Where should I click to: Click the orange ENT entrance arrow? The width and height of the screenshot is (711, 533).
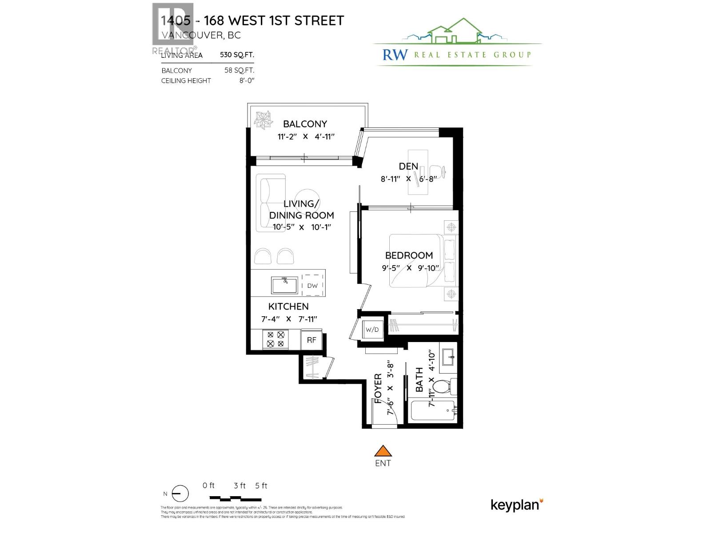coord(383,451)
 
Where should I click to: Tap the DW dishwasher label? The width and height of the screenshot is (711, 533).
coord(312,286)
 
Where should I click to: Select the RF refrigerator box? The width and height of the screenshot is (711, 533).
coord(312,340)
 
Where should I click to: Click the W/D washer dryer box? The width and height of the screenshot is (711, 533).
coord(372,330)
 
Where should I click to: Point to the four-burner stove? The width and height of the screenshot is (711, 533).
coord(276,339)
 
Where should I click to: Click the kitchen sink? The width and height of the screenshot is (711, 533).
coord(285,285)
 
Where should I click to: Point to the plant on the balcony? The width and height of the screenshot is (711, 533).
coord(263,119)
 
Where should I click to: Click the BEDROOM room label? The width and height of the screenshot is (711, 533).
coord(409,255)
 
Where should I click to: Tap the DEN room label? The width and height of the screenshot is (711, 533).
coord(408,166)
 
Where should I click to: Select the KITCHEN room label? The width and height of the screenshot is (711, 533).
coord(288,306)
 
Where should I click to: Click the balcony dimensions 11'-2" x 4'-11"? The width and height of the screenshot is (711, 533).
coord(306,137)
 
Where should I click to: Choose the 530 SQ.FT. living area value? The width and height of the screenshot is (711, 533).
coord(237,55)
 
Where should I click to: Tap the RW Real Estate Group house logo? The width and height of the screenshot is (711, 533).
coord(453,32)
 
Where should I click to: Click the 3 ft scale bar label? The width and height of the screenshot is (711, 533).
coord(240,486)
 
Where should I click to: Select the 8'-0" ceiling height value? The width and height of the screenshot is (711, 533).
coord(247,81)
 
